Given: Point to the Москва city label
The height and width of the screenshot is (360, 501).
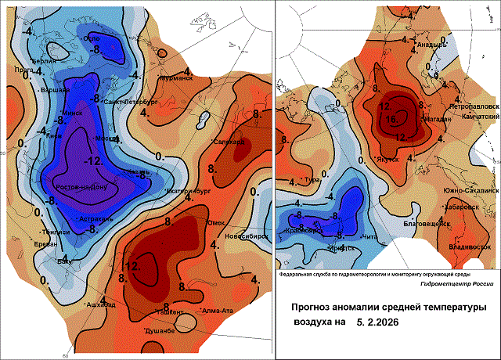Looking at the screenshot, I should pyautogui.click(x=106, y=139).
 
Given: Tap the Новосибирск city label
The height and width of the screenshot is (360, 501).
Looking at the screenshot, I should pyautogui.click(x=243, y=236).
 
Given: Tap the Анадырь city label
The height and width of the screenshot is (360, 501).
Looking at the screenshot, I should pyautogui.click(x=430, y=45).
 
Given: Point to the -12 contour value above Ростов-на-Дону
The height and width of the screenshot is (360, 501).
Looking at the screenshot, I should pyautogui.click(x=94, y=160).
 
